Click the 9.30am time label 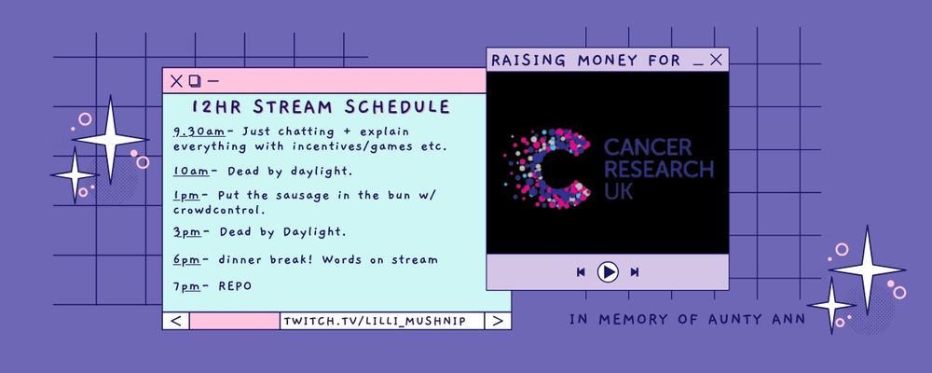[195, 131]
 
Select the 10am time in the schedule [191, 172]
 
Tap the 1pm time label [186, 196]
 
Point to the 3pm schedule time [187, 232]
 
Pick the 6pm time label [187, 260]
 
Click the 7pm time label [186, 286]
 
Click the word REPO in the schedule [236, 286]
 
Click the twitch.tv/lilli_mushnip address [375, 321]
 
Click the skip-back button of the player [581, 272]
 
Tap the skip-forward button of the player [634, 272]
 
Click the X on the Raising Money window [716, 60]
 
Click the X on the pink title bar [176, 81]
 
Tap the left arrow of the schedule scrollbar [176, 321]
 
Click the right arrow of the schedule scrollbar [498, 321]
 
